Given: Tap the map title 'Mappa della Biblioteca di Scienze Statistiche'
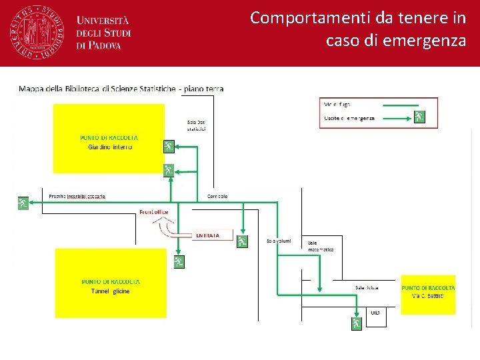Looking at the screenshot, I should pyautogui.click(x=97, y=89).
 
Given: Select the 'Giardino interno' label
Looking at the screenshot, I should pyautogui.click(x=110, y=147).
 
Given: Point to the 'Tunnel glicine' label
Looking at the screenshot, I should pyautogui.click(x=111, y=291).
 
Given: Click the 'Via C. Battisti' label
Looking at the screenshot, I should pyautogui.click(x=428, y=295).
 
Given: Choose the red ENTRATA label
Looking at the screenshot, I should pyautogui.click(x=207, y=235).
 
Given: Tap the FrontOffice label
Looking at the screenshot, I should pyautogui.click(x=154, y=212).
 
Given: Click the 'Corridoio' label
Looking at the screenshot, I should pyautogui.click(x=217, y=196).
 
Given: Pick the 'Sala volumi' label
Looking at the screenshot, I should pyautogui.click(x=279, y=241).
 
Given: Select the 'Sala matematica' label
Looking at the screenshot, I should pyautogui.click(x=321, y=246).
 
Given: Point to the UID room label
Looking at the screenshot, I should pyautogui.click(x=375, y=312).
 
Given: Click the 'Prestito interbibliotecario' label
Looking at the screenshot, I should pyautogui.click(x=77, y=196).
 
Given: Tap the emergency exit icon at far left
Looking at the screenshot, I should pyautogui.click(x=23, y=203).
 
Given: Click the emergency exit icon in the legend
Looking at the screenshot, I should pyautogui.click(x=419, y=117).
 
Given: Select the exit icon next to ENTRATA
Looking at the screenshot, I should pyautogui.click(x=242, y=241).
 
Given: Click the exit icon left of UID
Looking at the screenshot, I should pyautogui.click(x=357, y=323).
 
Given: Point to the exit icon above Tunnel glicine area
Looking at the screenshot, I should pyautogui.click(x=179, y=261).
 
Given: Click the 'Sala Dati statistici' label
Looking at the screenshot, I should pyautogui.click(x=197, y=125).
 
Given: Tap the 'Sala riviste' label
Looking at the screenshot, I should pyautogui.click(x=367, y=287).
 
